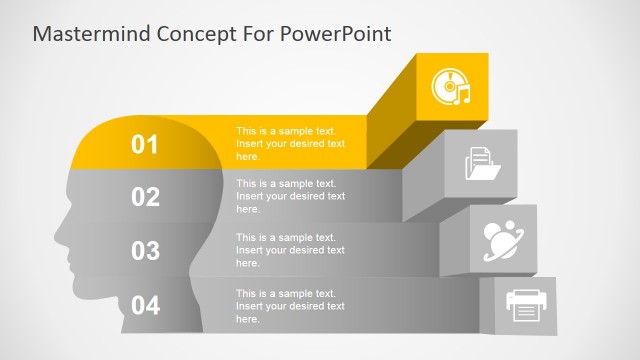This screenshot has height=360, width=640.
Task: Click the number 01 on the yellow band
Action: pyautogui.click(x=146, y=145)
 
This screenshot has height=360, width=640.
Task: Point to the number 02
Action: pyautogui.click(x=146, y=197)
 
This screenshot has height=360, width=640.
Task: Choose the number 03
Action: pyautogui.click(x=146, y=250)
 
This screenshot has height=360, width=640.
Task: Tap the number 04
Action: pyautogui.click(x=146, y=305)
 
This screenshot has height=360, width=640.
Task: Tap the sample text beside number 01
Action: pyautogui.click(x=290, y=144)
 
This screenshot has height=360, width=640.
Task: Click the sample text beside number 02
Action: pyautogui.click(x=290, y=196)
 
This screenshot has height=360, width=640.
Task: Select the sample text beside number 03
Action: pyautogui.click(x=290, y=250)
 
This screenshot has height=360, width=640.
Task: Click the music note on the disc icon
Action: pyautogui.click(x=462, y=96)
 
